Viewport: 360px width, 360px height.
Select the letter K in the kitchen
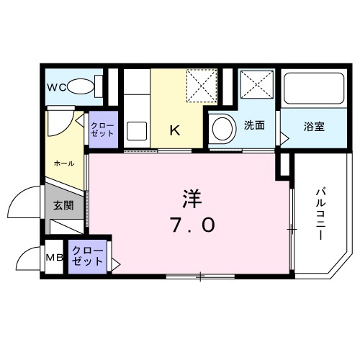tap(174, 130)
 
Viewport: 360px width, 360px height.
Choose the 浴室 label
tap(313, 127)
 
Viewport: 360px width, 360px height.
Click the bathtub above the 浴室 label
tap(311, 90)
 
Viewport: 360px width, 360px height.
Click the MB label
tap(55, 258)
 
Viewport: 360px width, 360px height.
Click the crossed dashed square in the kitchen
tap(201, 86)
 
